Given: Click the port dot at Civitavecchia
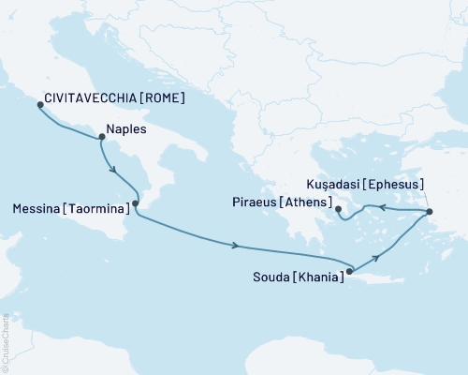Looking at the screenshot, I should pyautogui.click(x=39, y=104).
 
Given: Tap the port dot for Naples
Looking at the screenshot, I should pyautogui.click(x=101, y=137).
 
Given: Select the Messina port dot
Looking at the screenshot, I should pyautogui.click(x=136, y=203).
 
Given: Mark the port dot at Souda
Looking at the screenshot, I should pyautogui.click(x=350, y=273).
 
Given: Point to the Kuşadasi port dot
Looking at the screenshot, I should pyautogui.click(x=430, y=213).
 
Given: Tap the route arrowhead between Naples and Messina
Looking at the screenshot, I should pyautogui.click(x=113, y=172).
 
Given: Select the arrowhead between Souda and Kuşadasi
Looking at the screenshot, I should pyautogui.click(x=377, y=255).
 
